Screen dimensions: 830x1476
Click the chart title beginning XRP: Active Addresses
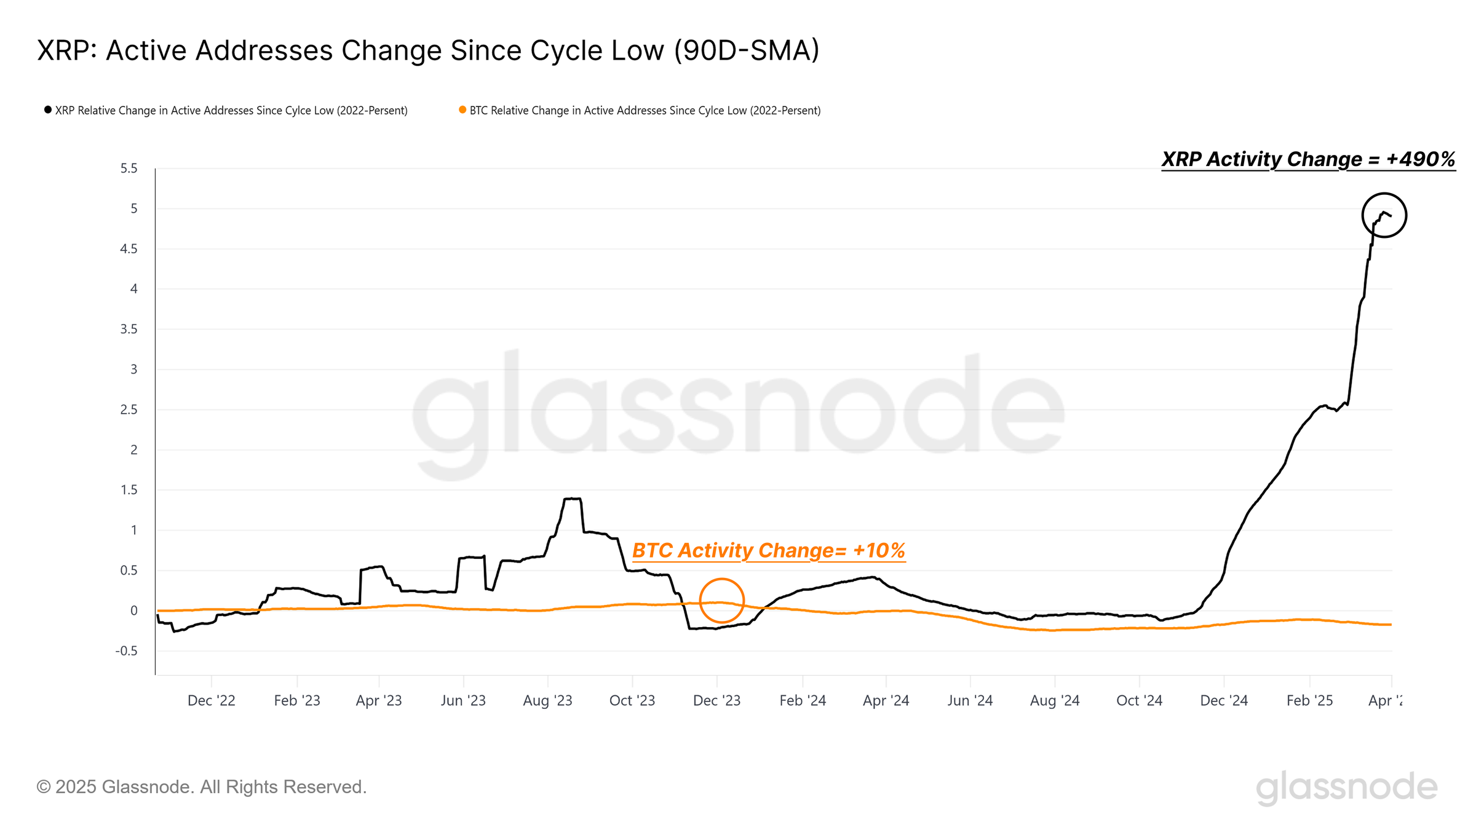pos(428,50)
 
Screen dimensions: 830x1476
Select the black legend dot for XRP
pos(48,110)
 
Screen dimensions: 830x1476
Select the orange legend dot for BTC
pos(462,110)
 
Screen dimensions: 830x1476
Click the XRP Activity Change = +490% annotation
pos(1308,159)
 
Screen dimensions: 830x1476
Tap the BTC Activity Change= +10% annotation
pos(768,550)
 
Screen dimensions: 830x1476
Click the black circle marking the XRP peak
pos(1384,215)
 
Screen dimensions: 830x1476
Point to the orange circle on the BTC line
pos(722,601)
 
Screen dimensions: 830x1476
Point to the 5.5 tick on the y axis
pos(129,168)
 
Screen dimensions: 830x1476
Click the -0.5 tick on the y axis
pos(127,651)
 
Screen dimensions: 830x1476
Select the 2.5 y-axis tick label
pos(129,409)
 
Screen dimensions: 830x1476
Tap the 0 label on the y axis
pos(133,611)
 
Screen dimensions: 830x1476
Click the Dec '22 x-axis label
pos(211,701)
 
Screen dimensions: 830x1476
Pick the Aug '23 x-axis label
pos(547,701)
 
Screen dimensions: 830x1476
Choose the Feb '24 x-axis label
pos(803,701)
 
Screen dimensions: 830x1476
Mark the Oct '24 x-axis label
pos(1139,701)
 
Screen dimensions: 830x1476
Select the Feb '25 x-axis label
pos(1309,701)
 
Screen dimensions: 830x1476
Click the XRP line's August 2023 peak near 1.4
pos(573,499)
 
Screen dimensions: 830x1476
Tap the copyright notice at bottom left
pos(202,787)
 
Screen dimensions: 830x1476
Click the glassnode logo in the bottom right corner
pos(1346,788)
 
